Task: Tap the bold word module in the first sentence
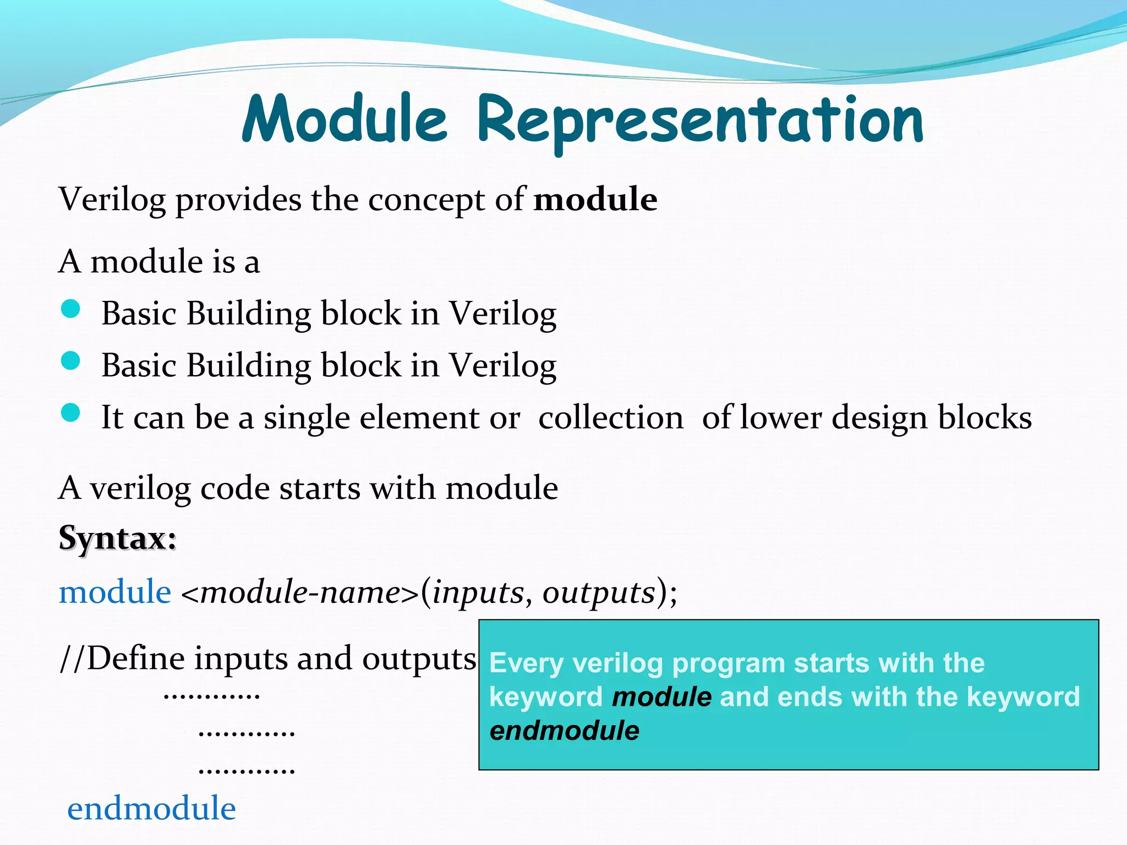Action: pyautogui.click(x=595, y=199)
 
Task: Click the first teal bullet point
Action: pyautogui.click(x=71, y=309)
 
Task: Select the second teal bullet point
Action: pyautogui.click(x=71, y=361)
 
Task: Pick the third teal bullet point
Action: pyautogui.click(x=71, y=413)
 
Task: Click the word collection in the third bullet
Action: pyautogui.click(x=611, y=417)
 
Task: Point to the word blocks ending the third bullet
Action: pyautogui.click(x=984, y=417)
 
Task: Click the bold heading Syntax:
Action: pyautogui.click(x=117, y=537)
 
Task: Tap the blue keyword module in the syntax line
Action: pyautogui.click(x=115, y=592)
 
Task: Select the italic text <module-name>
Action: pyautogui.click(x=300, y=592)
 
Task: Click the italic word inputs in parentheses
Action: pyautogui.click(x=477, y=592)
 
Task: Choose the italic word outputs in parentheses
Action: pyautogui.click(x=599, y=592)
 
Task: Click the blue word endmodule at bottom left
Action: pyautogui.click(x=151, y=809)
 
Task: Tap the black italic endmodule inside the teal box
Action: pyautogui.click(x=565, y=731)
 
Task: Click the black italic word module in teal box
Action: pyautogui.click(x=661, y=696)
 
